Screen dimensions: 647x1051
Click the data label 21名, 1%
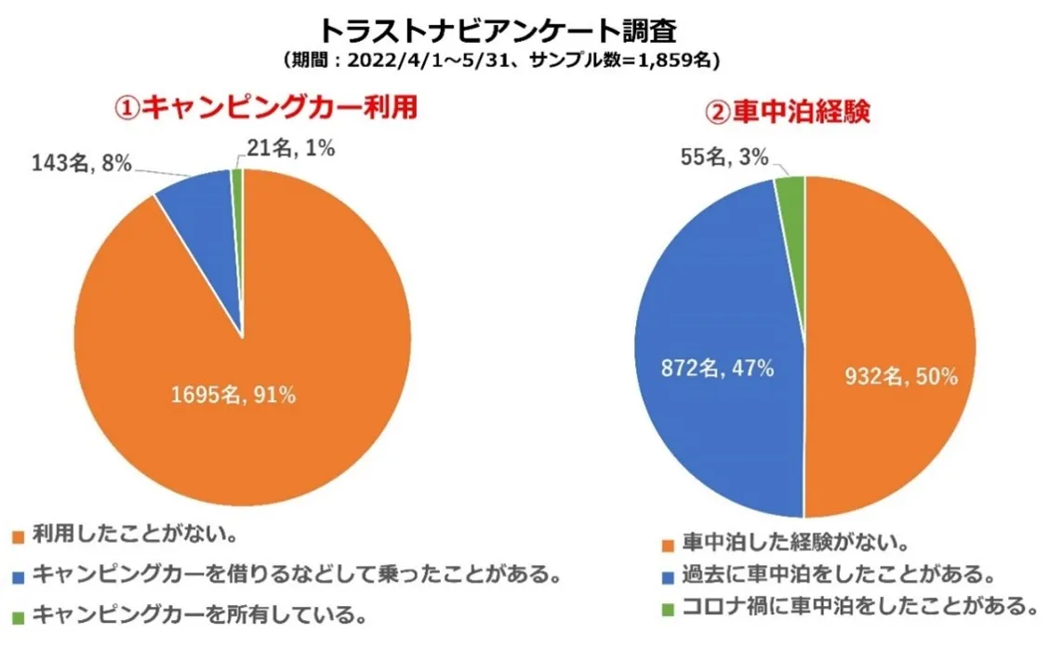285,147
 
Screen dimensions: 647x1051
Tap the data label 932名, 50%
900,377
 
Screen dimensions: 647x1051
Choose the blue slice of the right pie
716,307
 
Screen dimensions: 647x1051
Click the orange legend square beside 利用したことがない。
18,536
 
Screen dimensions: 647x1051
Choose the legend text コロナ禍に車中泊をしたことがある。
858,607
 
